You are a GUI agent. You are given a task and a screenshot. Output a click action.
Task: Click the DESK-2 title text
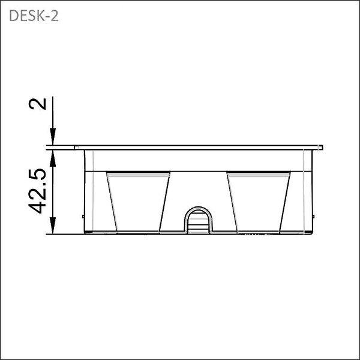(x=34, y=16)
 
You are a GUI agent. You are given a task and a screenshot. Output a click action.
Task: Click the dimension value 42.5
(x=37, y=191)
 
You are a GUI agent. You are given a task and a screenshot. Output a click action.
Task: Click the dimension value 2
(x=37, y=104)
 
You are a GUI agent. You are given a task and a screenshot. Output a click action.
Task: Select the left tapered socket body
(x=138, y=202)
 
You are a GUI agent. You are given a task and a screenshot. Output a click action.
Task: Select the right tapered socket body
(x=259, y=202)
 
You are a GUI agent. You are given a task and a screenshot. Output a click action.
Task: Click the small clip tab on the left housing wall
(x=83, y=216)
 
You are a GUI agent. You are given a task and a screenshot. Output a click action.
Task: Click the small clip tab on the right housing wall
(x=313, y=216)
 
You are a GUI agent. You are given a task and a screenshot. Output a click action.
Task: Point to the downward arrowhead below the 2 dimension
(x=53, y=136)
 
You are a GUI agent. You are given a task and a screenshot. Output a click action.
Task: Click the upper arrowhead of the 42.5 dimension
(x=53, y=158)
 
